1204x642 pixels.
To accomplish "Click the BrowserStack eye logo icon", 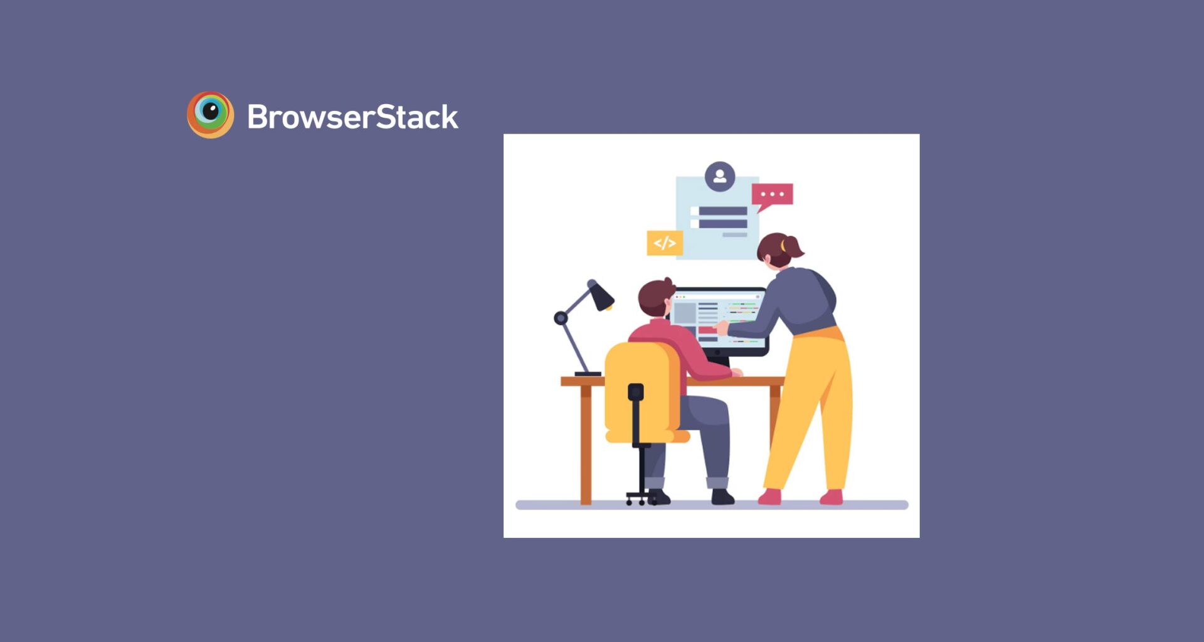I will (x=211, y=115).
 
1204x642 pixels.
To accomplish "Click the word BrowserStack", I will (x=352, y=117).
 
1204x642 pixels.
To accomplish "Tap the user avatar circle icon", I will (x=719, y=177).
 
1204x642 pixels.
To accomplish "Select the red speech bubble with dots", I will (x=772, y=195).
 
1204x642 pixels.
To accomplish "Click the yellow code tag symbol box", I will (x=665, y=243).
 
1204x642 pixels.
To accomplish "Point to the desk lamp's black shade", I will (x=600, y=296).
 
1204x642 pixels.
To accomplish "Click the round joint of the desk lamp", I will (x=561, y=318).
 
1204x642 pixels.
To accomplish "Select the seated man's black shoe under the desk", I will (x=722, y=498).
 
